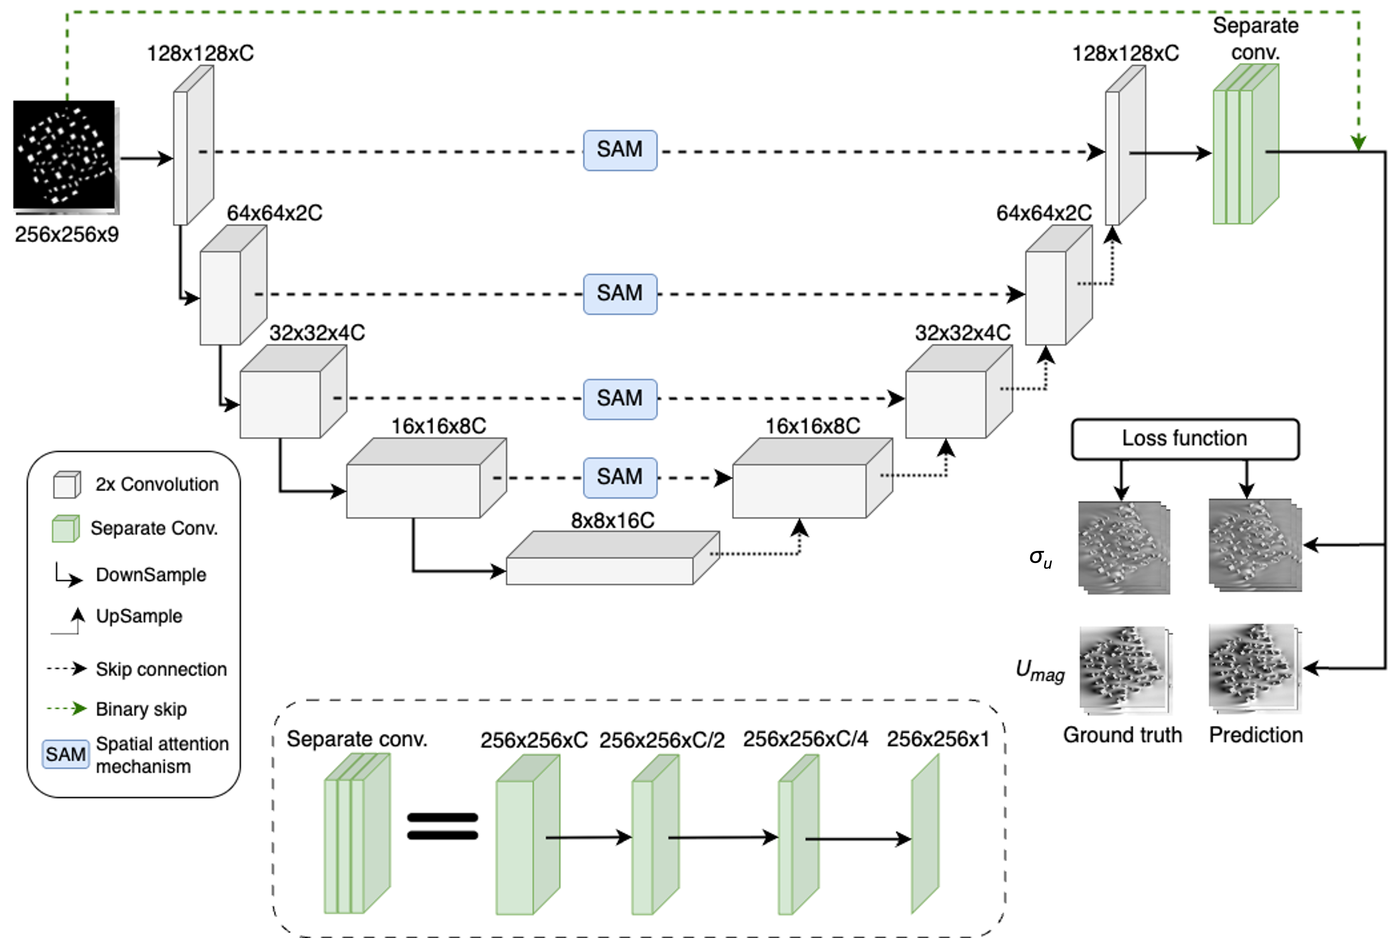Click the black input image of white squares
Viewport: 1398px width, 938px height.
[64, 155]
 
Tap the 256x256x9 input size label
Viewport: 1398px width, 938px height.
[66, 234]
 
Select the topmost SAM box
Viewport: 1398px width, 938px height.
[620, 150]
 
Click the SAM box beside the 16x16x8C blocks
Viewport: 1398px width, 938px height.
[620, 477]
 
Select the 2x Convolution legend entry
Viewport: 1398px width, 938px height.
[157, 484]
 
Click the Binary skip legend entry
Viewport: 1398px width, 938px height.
[141, 709]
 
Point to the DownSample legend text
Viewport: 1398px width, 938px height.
[151, 575]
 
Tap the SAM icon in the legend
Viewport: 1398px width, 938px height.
[65, 754]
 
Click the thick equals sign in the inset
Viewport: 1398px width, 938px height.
[442, 826]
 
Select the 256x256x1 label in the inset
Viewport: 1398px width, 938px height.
[938, 739]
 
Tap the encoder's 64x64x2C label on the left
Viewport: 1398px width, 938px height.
[274, 213]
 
